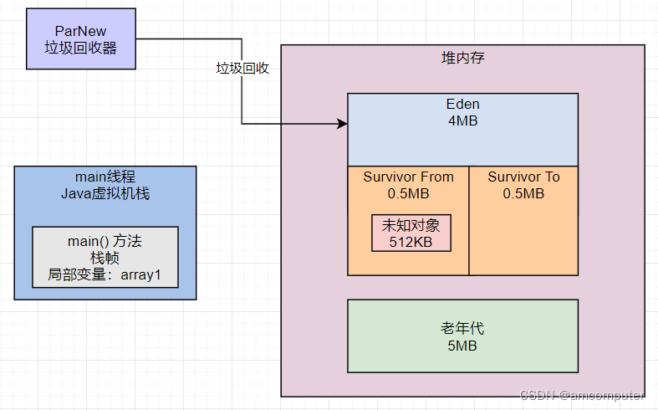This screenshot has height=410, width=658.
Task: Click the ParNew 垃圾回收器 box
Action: click(81, 39)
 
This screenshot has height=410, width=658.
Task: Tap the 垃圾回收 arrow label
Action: click(242, 68)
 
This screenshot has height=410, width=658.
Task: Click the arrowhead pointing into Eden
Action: click(342, 124)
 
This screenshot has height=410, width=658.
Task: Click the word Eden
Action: click(462, 105)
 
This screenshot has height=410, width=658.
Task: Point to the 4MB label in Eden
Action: click(462, 120)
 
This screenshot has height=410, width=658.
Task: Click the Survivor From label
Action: click(408, 177)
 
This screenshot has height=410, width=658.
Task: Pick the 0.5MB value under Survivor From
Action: click(408, 193)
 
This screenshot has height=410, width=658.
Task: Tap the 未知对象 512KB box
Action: click(411, 233)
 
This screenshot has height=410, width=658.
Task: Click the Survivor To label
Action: click(523, 177)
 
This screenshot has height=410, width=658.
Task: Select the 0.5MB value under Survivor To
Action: click(523, 193)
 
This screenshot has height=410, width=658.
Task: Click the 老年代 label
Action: click(462, 328)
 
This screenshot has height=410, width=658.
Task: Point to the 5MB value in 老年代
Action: click(462, 345)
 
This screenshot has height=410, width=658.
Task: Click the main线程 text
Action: click(105, 177)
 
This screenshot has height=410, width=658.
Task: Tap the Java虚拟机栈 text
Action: click(105, 194)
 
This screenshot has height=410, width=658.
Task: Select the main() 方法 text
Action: click(105, 241)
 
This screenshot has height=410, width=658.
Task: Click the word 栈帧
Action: click(105, 257)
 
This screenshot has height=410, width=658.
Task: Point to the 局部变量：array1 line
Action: click(105, 274)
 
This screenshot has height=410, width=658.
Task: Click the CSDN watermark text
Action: click(580, 395)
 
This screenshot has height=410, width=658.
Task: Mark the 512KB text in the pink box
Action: click(411, 241)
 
